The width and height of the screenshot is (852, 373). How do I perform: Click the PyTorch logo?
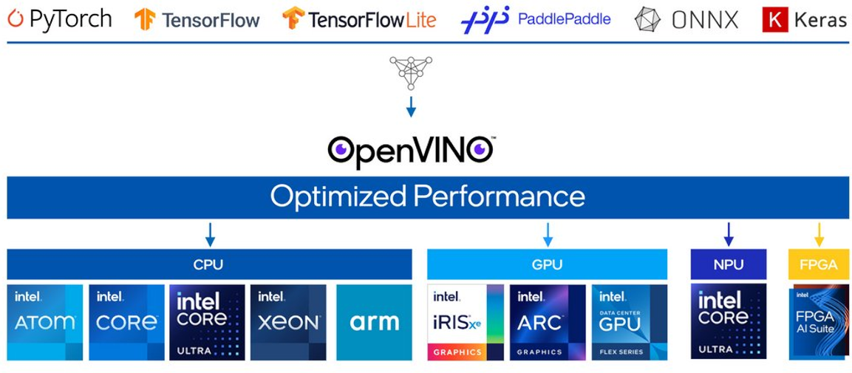pyautogui.click(x=60, y=19)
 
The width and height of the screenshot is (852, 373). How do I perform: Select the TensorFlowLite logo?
pyautogui.click(x=359, y=19)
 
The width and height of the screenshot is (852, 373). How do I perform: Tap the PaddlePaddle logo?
pyautogui.click(x=536, y=19)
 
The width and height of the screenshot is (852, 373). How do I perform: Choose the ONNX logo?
pyautogui.click(x=686, y=20)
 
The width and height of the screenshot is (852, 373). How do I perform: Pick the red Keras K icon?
pyautogui.click(x=774, y=20)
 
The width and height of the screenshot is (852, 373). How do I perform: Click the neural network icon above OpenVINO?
pyautogui.click(x=411, y=72)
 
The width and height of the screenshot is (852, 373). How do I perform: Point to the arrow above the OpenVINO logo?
pyautogui.click(x=411, y=107)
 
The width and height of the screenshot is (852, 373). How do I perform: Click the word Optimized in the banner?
pyautogui.click(x=337, y=196)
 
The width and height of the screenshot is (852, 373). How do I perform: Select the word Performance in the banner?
pyautogui.click(x=499, y=196)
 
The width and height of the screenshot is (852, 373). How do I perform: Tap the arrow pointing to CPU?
pyautogui.click(x=210, y=234)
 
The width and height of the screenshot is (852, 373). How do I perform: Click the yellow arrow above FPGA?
pyautogui.click(x=819, y=234)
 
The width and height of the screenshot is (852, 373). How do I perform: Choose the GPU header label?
pyautogui.click(x=547, y=264)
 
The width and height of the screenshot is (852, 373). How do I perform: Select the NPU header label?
pyautogui.click(x=729, y=264)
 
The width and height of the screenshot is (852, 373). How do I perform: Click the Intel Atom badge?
pyautogui.click(x=45, y=322)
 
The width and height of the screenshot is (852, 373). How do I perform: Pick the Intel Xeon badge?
pyautogui.click(x=288, y=322)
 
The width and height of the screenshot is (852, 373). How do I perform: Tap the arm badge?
pyautogui.click(x=374, y=322)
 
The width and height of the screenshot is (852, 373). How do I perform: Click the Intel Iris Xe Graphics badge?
pyautogui.click(x=466, y=322)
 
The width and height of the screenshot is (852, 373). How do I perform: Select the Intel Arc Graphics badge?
pyautogui.click(x=548, y=322)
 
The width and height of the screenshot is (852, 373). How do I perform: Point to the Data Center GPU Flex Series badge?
pyautogui.click(x=629, y=322)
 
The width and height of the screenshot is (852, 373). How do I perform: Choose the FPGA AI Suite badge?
pyautogui.click(x=819, y=322)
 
